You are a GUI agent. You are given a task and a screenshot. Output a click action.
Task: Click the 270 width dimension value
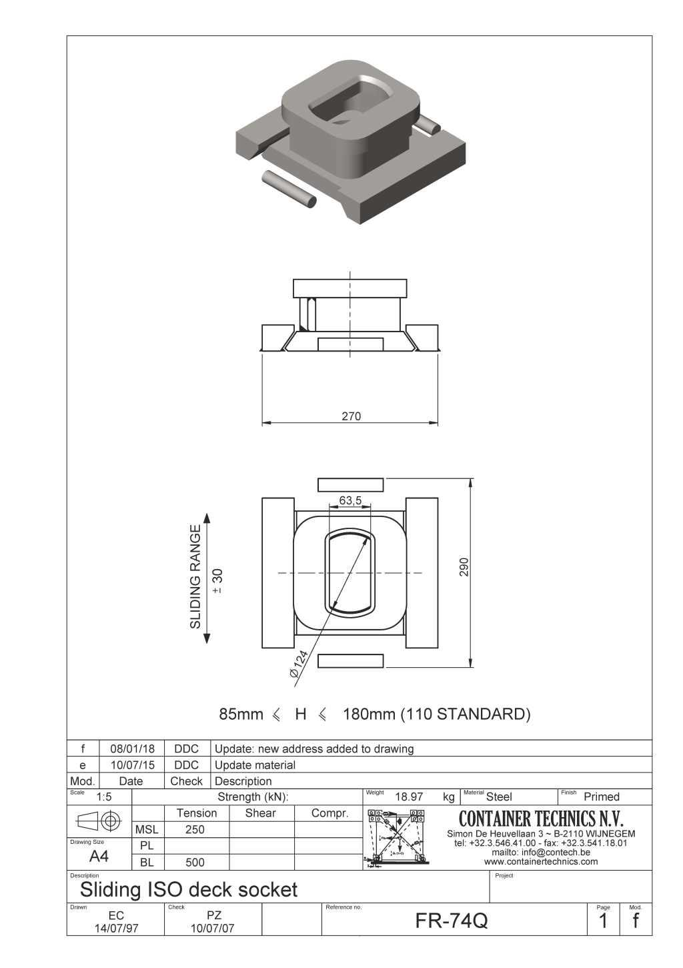click(351, 416)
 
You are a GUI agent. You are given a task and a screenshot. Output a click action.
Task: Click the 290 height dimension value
click(464, 566)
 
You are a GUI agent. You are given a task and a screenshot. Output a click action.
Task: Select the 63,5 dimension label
click(350, 500)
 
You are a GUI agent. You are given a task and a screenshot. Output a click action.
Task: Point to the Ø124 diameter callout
click(299, 664)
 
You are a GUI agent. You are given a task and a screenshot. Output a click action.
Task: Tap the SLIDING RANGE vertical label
click(195, 576)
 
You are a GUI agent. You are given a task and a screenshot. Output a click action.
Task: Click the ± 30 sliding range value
click(217, 581)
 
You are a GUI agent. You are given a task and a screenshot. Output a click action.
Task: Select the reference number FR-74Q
click(452, 921)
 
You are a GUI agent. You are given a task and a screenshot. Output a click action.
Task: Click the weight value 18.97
click(409, 797)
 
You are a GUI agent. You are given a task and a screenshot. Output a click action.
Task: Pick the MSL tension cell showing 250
click(195, 829)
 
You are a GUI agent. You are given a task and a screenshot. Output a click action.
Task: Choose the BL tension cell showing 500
click(195, 862)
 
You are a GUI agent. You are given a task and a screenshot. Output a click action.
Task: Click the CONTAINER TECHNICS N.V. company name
click(541, 819)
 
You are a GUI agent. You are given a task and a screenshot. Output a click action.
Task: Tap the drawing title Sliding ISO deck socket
click(189, 889)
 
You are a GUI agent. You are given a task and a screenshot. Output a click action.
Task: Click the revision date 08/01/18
click(132, 749)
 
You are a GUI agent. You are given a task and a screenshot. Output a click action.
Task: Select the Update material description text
click(255, 765)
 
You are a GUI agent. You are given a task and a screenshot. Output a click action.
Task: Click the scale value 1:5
click(104, 797)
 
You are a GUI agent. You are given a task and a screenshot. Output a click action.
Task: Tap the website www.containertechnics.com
click(541, 861)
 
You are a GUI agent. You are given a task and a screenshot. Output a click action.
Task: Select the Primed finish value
click(601, 797)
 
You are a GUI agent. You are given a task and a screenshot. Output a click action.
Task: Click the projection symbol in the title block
click(99, 820)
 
